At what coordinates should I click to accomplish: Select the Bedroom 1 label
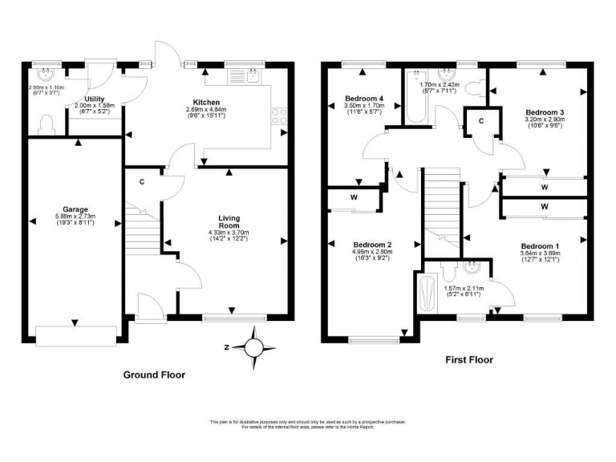[x=539, y=245]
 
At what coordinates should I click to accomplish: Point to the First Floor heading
[x=469, y=360]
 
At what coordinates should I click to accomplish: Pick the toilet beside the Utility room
[x=46, y=123]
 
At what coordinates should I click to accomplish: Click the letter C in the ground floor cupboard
[x=141, y=182]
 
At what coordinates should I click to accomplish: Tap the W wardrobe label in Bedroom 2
[x=353, y=197]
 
